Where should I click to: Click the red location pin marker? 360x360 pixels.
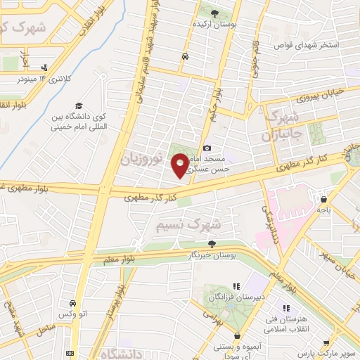coord(181,165)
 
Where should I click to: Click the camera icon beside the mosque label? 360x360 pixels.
coord(207,148)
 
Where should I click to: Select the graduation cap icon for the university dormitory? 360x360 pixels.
coord(78,105)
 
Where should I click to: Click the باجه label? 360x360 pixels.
coord(324,209)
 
